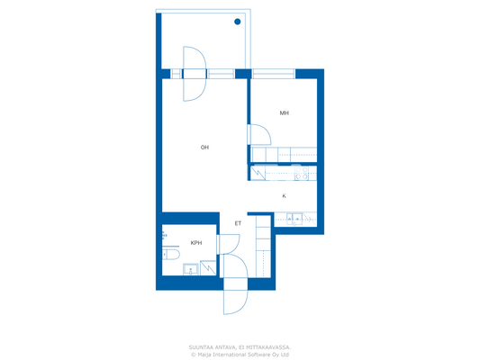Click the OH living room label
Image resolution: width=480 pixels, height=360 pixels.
tap(204, 148)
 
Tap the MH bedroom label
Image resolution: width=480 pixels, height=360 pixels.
tap(284, 113)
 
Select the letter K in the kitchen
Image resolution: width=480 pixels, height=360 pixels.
tap(284, 195)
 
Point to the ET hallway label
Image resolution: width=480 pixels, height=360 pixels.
tap(238, 223)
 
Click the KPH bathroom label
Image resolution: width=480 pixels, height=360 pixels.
tap(195, 243)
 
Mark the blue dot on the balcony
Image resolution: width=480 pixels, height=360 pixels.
tap(237, 22)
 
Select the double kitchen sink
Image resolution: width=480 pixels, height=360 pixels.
tap(293, 218)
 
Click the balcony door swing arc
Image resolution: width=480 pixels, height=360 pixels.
tap(195, 72)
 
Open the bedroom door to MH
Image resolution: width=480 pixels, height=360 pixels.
tap(259, 135)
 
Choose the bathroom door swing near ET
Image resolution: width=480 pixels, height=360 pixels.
tap(229, 246)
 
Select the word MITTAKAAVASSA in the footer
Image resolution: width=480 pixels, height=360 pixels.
tap(268, 346)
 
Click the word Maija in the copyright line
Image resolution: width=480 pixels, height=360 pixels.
tap(205, 354)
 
